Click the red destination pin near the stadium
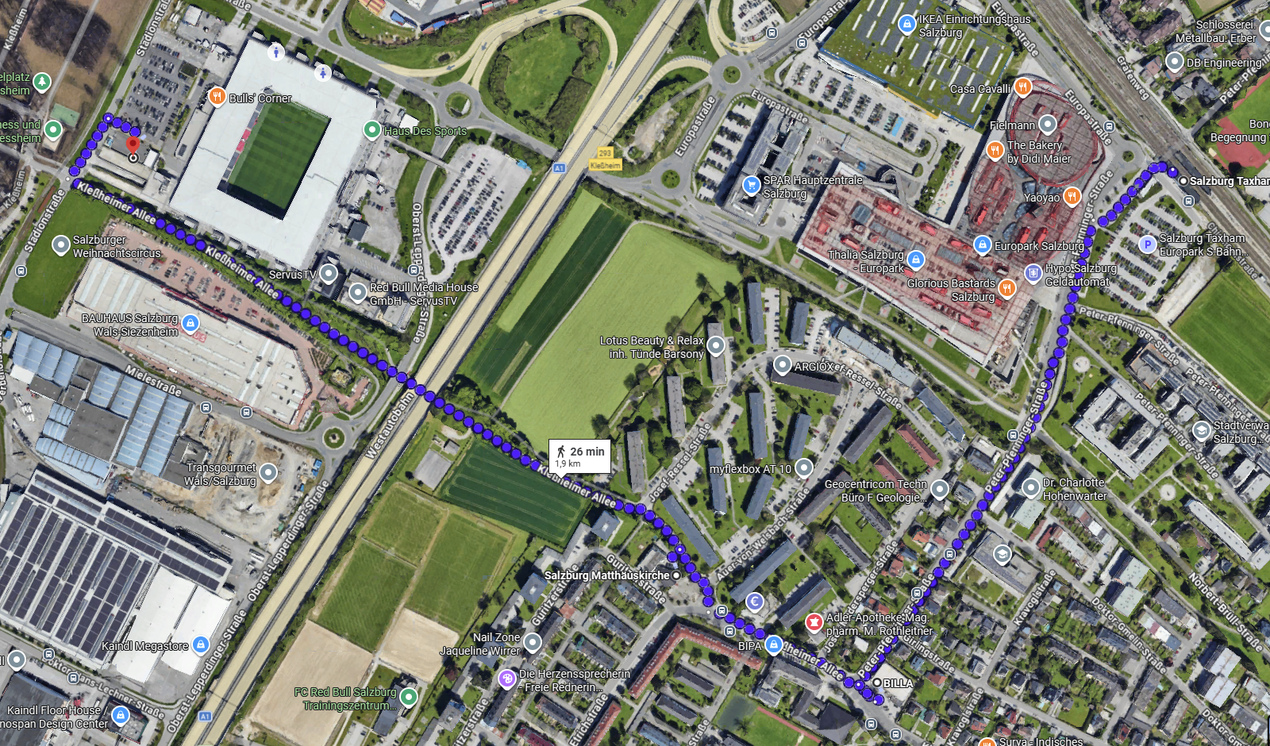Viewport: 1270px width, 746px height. pos(133,145)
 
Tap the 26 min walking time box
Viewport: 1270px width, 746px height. pos(580,456)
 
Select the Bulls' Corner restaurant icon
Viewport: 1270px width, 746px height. pos(217,97)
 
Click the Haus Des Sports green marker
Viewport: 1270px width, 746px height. pos(371,129)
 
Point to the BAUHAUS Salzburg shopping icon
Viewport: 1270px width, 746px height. pos(190,323)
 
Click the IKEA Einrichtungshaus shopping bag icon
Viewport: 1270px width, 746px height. pos(906,25)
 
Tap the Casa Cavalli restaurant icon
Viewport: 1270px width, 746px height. pos(1023,87)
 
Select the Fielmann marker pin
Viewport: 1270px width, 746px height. pos(1048,124)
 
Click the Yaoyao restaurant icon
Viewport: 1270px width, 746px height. pos(1072,196)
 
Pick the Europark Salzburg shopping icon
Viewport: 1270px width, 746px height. pos(983,245)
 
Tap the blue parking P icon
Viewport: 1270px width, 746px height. pos(1147,244)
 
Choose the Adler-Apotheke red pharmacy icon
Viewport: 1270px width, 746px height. pos(814,622)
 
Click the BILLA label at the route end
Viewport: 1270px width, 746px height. pos(898,683)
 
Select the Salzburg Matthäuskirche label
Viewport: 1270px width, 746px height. pos(607,575)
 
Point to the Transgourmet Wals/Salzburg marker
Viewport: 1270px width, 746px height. pos(268,473)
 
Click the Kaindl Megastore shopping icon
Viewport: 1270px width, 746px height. pos(201,644)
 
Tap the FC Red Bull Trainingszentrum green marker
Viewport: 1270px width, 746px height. pos(409,697)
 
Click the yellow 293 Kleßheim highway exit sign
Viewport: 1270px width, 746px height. pos(605,159)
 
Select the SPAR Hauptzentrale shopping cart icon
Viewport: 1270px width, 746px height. pos(751,185)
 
